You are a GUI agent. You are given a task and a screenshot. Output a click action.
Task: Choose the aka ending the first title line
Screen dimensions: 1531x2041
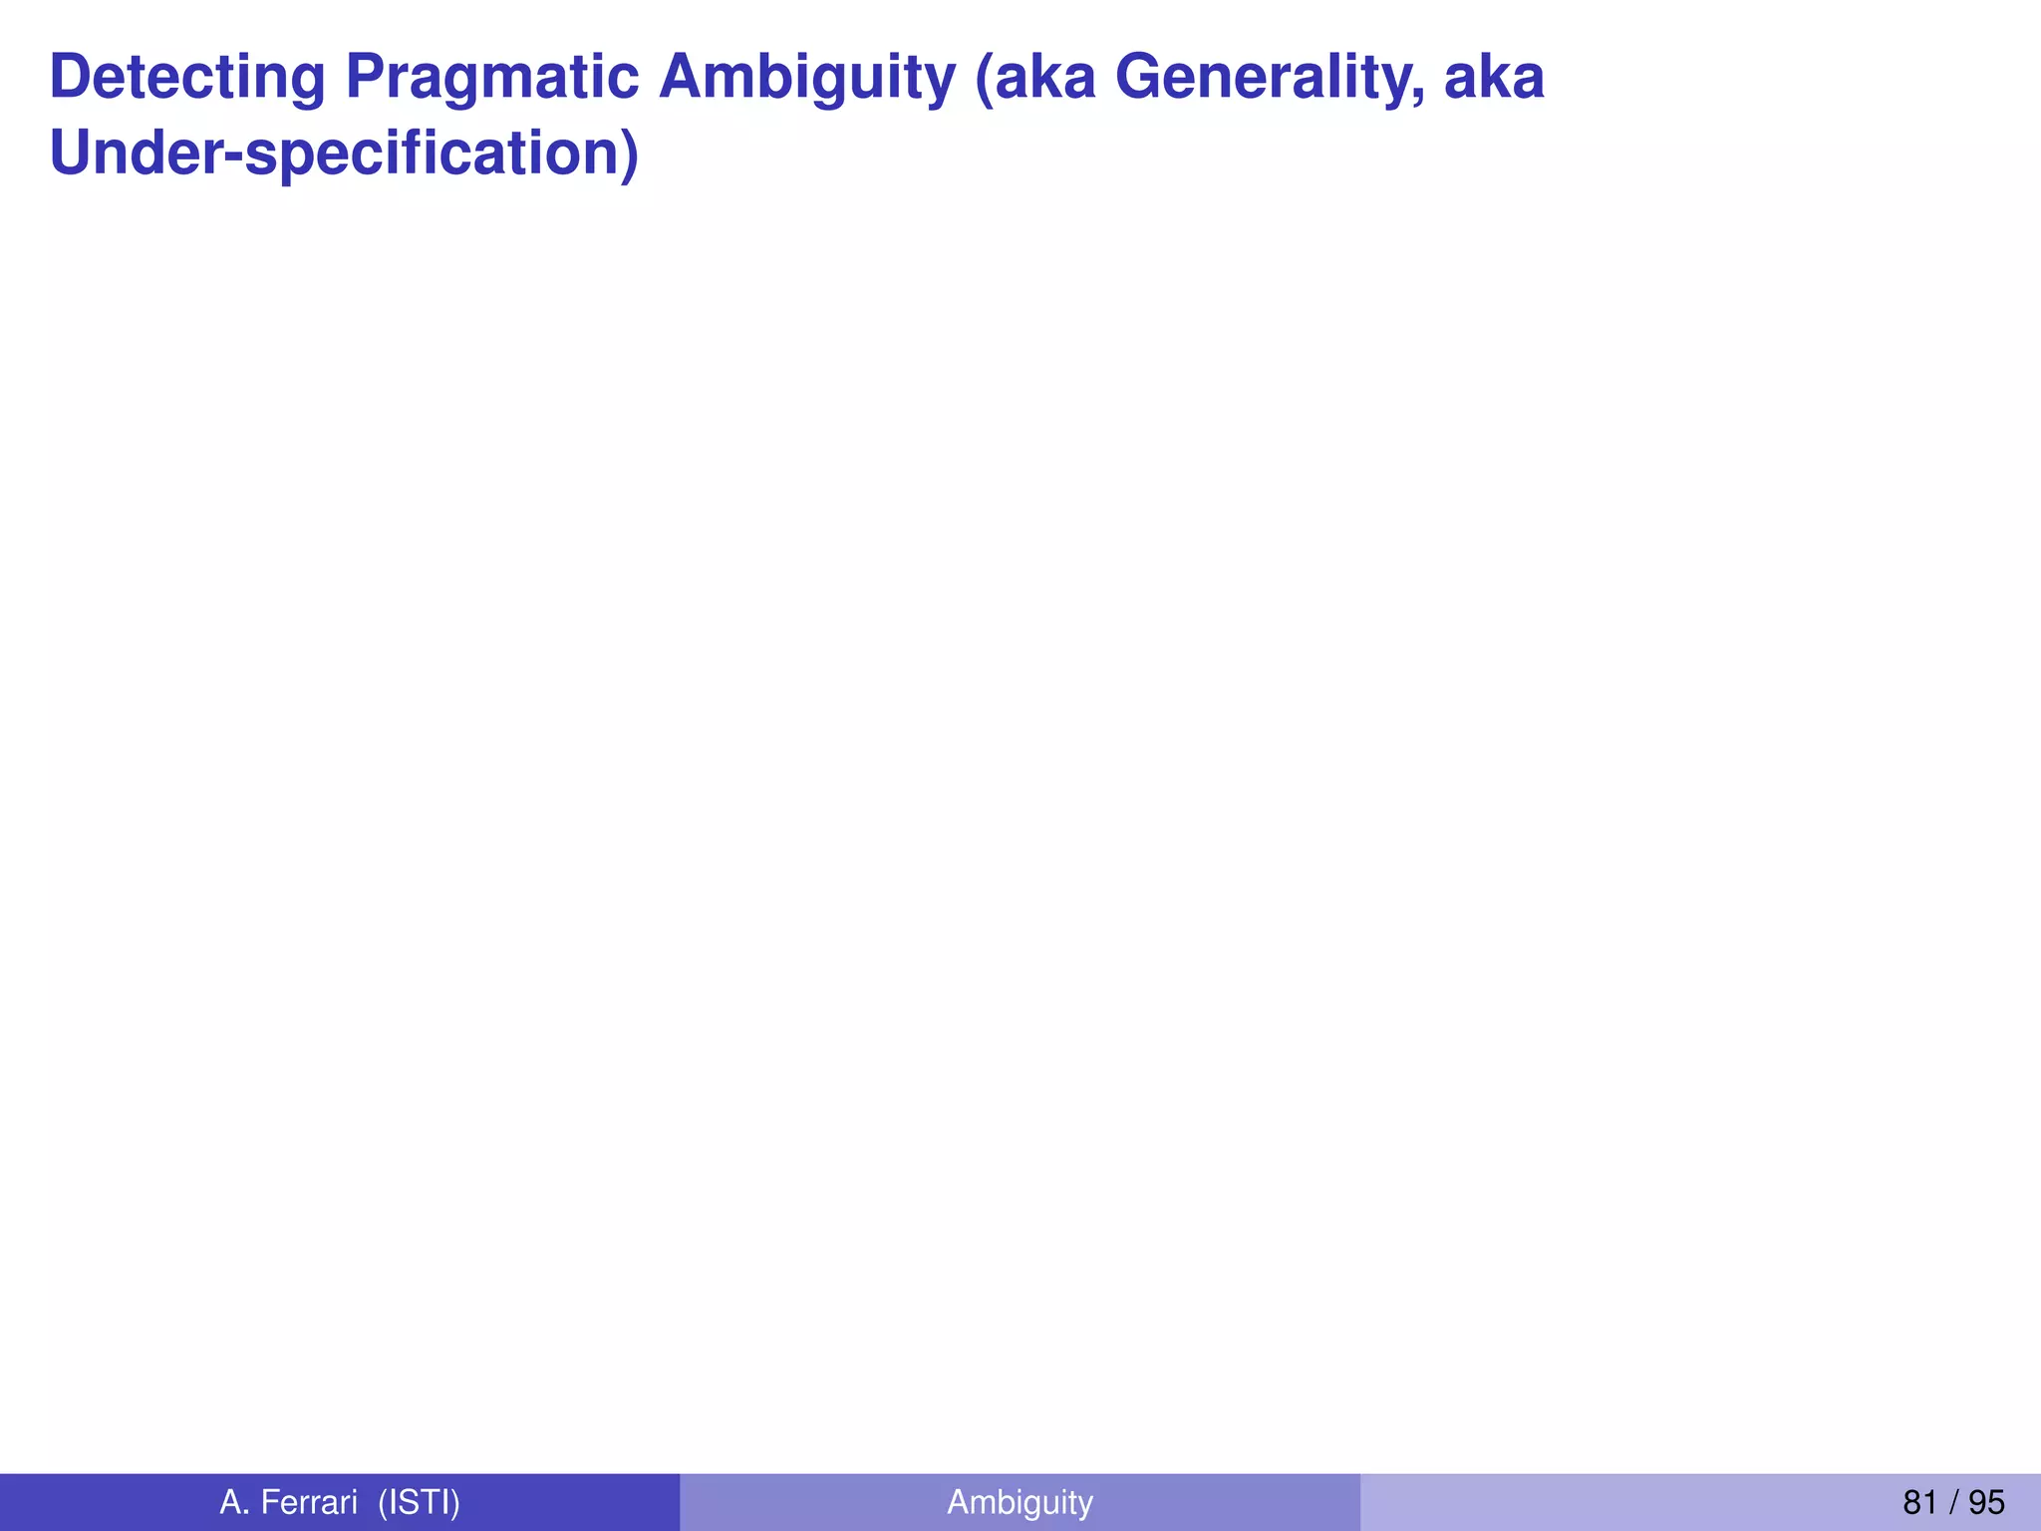pyautogui.click(x=1494, y=77)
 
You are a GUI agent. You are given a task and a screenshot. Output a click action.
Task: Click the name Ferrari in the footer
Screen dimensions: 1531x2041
pyautogui.click(x=309, y=1502)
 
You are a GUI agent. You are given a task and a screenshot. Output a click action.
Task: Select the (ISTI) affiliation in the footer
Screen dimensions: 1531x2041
pyautogui.click(x=419, y=1502)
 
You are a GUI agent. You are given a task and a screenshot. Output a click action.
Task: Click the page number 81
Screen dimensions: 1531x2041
pyautogui.click(x=1919, y=1502)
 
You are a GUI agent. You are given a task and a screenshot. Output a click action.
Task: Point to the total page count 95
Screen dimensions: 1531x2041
pyautogui.click(x=1986, y=1502)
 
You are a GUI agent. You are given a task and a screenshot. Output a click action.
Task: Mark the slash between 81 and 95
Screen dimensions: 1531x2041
pyautogui.click(x=1953, y=1502)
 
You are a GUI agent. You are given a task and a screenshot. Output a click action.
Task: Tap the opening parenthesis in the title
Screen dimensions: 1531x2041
pyautogui.click(x=983, y=80)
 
